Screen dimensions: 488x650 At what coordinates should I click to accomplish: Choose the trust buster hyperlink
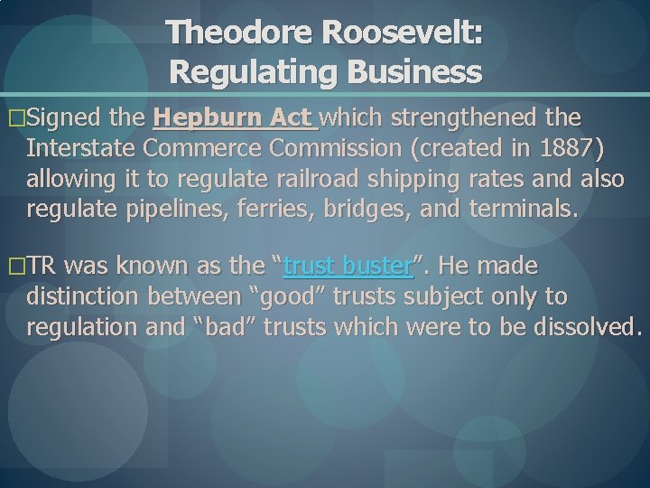tap(348, 267)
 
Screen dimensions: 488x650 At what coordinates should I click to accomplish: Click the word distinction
tap(87, 297)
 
